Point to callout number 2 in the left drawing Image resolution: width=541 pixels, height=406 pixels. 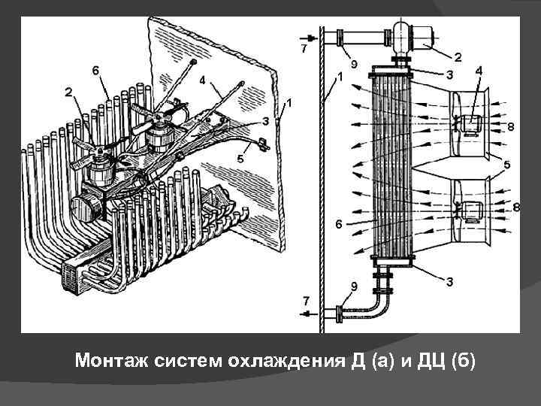click(x=68, y=92)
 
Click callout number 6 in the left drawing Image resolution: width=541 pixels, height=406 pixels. click(x=95, y=70)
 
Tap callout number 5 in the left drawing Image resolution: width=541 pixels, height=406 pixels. click(x=240, y=159)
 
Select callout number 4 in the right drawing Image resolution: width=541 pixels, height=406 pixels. click(x=479, y=71)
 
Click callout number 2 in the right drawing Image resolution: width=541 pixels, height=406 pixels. click(x=458, y=56)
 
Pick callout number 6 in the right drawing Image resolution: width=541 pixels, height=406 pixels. click(x=339, y=224)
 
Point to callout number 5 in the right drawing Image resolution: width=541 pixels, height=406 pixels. click(x=507, y=165)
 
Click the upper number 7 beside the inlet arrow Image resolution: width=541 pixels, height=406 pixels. click(x=304, y=49)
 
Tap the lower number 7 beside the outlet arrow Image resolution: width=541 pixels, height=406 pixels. click(x=305, y=301)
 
